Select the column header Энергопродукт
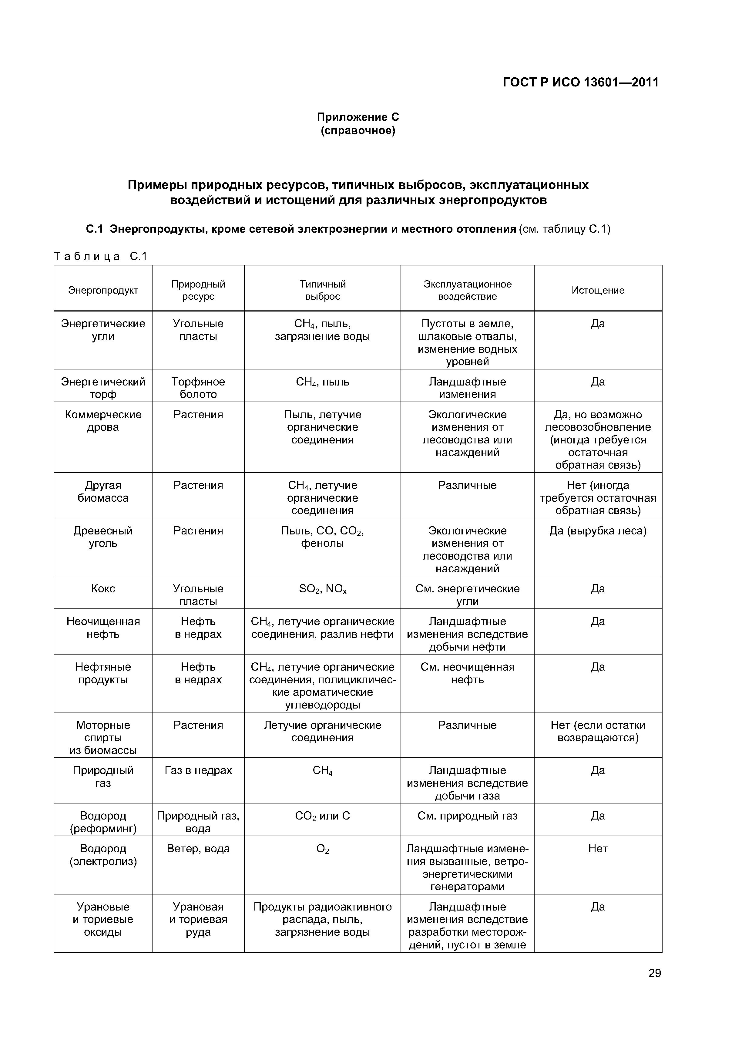pyautogui.click(x=103, y=291)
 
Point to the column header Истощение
pyautogui.click(x=598, y=291)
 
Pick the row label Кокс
pyautogui.click(x=103, y=589)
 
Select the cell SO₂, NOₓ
pyautogui.click(x=323, y=589)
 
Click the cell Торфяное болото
pyautogui.click(x=198, y=388)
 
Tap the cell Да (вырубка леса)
pyautogui.click(x=598, y=531)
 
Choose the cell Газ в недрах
pyautogui.click(x=198, y=771)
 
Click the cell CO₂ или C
pyautogui.click(x=323, y=816)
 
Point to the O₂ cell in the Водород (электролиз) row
pyautogui.click(x=323, y=849)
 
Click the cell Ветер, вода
pyautogui.click(x=198, y=849)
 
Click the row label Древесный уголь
pyautogui.click(x=103, y=537)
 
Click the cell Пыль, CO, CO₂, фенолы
pyautogui.click(x=323, y=537)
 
